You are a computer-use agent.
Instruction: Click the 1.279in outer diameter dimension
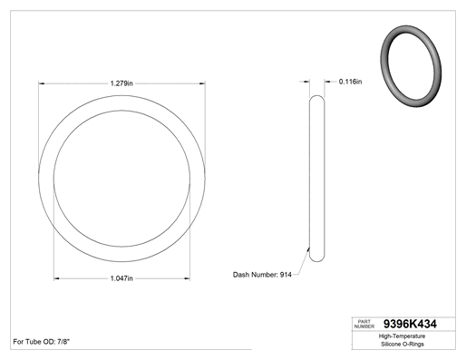121,83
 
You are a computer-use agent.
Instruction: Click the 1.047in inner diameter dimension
121,278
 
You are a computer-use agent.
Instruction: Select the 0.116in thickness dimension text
350,82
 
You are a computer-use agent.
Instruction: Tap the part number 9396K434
410,324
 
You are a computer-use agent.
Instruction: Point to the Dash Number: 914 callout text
262,275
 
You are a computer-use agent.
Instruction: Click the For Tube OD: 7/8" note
42,342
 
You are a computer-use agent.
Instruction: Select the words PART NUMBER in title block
364,324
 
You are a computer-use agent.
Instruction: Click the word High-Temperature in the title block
403,336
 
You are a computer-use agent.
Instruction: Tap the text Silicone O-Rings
403,344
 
